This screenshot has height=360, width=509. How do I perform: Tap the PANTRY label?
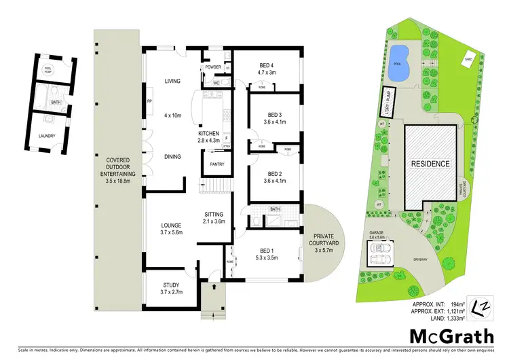217,164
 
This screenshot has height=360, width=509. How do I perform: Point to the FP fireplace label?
149,102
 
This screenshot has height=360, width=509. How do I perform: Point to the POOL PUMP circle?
48,70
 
